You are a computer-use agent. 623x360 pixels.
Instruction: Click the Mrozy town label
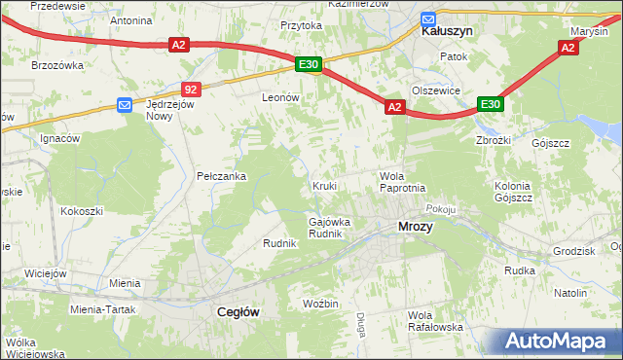click(416, 227)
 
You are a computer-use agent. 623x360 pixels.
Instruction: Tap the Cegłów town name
click(235, 311)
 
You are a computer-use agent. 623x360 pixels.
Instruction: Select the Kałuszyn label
click(447, 31)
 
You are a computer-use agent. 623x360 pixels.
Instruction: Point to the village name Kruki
click(324, 185)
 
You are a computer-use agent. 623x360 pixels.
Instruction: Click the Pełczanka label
click(221, 176)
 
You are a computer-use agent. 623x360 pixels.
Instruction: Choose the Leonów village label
click(278, 98)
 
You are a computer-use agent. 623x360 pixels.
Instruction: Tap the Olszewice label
click(435, 90)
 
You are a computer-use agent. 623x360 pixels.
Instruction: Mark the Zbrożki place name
click(493, 138)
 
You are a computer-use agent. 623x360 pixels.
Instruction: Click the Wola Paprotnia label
click(401, 182)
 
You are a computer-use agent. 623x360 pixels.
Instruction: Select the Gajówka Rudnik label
click(329, 228)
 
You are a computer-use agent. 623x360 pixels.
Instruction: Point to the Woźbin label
click(320, 304)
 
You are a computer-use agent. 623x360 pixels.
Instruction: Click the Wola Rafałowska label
click(435, 321)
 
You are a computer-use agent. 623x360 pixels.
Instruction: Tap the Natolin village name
click(570, 293)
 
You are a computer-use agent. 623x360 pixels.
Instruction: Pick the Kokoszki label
click(82, 210)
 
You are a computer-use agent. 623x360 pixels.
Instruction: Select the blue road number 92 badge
click(191, 89)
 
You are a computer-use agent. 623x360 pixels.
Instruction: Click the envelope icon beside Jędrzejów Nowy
click(125, 104)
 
